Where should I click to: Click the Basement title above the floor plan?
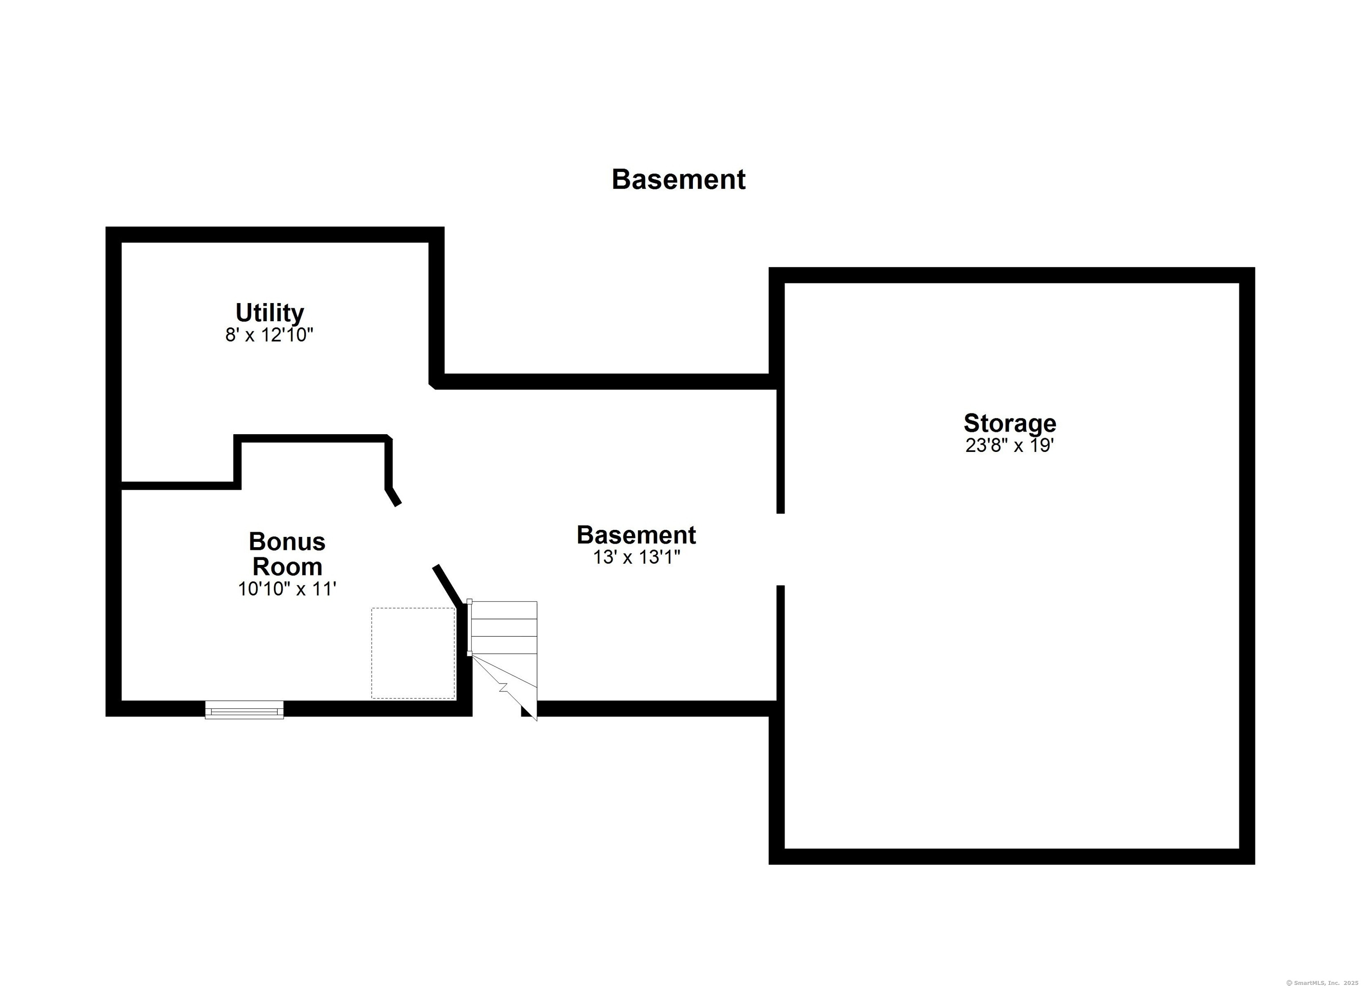click(678, 179)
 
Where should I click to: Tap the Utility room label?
click(269, 313)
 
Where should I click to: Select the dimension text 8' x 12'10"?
click(269, 335)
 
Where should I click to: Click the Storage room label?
click(1010, 423)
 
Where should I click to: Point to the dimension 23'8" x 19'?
click(1010, 445)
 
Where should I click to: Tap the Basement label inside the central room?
click(636, 535)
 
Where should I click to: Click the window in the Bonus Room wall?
click(244, 709)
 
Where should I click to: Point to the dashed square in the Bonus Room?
click(413, 653)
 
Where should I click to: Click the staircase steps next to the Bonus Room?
click(503, 628)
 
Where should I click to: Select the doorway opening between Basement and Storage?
click(781, 549)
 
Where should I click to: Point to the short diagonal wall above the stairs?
click(449, 585)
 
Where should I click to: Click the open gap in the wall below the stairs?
click(497, 709)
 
